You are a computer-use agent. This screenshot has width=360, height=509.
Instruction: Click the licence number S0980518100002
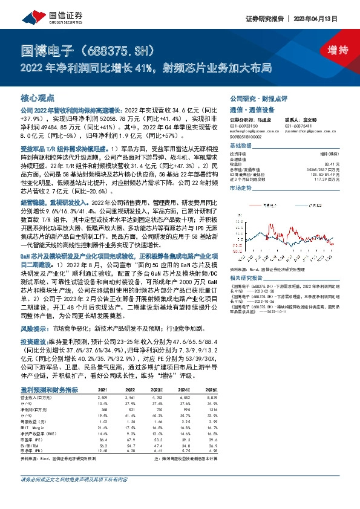pyautogui.click(x=246, y=138)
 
